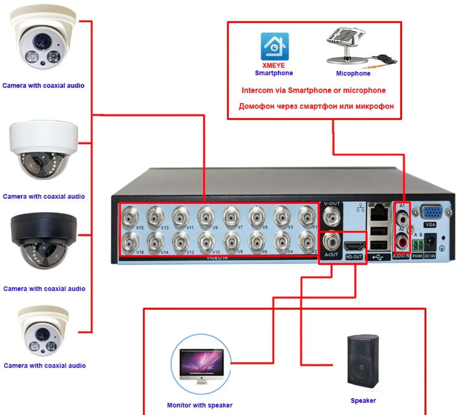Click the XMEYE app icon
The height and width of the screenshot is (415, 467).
[x=275, y=46]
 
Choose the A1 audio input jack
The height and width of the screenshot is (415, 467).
[x=402, y=218]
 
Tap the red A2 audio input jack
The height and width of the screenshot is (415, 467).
[x=402, y=242]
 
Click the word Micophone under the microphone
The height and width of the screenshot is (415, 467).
[x=353, y=74]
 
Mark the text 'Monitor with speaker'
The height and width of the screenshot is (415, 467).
[x=199, y=405]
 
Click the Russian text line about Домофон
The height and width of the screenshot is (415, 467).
[x=316, y=107]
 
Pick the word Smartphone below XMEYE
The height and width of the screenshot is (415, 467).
[x=274, y=73]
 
